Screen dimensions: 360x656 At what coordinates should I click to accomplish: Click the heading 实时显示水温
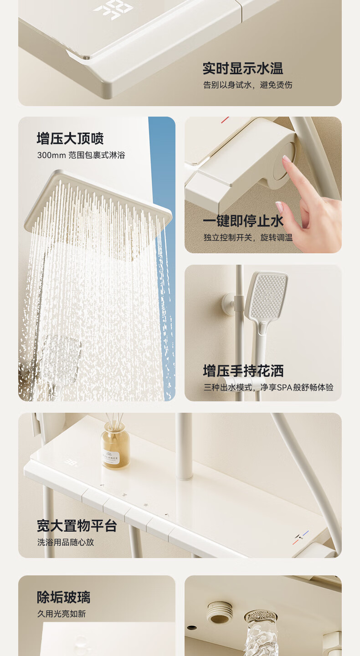243,68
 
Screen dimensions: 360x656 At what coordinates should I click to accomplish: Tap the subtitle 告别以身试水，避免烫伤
248,85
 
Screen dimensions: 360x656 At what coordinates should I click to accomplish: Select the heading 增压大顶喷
70,138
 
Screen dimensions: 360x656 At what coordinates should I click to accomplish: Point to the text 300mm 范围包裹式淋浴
81,155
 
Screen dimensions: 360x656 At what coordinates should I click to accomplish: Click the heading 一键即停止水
243,221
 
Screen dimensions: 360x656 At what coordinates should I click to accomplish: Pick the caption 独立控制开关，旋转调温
248,237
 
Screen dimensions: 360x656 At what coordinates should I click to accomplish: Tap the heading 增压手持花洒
243,371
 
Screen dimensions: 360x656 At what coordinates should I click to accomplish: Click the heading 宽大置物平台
77,526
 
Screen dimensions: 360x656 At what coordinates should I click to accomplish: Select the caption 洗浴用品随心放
66,542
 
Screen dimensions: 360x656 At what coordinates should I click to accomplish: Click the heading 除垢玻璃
63,597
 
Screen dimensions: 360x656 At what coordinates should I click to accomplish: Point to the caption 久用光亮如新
62,614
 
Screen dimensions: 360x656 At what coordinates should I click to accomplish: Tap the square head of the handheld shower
268,296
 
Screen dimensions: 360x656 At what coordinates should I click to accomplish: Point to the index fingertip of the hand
286,159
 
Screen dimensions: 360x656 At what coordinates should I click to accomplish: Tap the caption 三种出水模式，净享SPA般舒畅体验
268,387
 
